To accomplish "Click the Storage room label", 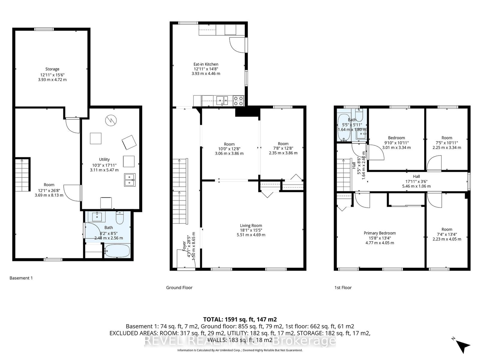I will [52, 69].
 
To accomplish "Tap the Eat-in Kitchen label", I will [206, 64].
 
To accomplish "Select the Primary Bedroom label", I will [379, 233].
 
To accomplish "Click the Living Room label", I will [251, 226].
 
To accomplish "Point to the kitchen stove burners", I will [239, 100].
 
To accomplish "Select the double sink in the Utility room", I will [130, 179].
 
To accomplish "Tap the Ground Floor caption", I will [179, 287].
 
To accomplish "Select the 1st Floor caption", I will [343, 287].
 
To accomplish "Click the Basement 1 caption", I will [21, 278].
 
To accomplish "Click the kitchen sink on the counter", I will [222, 100].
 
